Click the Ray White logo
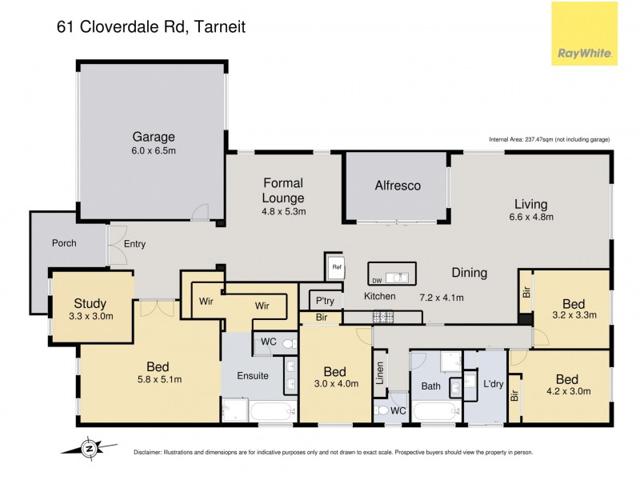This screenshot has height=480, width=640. [x=584, y=34]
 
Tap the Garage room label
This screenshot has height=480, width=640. [x=154, y=136]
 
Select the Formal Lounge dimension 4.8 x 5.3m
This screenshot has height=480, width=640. [x=284, y=212]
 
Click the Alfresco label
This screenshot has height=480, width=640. [x=398, y=186]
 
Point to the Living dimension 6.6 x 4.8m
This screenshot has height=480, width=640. [x=532, y=217]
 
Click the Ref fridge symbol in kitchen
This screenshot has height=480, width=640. [x=336, y=267]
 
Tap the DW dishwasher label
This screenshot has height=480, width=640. [x=377, y=280]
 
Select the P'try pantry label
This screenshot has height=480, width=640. [x=324, y=302]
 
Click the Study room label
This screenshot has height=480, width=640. [x=90, y=303]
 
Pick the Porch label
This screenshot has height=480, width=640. [x=63, y=243]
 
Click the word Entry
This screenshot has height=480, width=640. [x=134, y=244]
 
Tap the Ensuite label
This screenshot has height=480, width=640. [x=252, y=375]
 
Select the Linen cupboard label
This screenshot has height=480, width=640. [x=381, y=373]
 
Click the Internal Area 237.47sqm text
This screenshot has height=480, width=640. [x=549, y=139]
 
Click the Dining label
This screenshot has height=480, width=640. [x=469, y=273]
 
